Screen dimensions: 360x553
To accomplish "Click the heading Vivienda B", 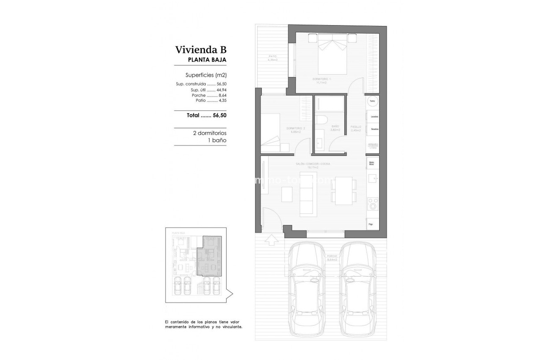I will click(x=201, y=50).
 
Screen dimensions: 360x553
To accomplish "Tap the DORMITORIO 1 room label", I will click(x=322, y=79).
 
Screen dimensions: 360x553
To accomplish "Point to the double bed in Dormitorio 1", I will click(x=332, y=57).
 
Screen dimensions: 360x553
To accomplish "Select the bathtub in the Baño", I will click(x=329, y=104).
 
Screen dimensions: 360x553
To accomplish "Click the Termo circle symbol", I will click(x=372, y=101).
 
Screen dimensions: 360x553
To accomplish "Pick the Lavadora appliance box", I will click(x=374, y=117).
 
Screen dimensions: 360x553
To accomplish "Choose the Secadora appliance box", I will click(x=374, y=129).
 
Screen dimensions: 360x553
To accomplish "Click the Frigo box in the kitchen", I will click(x=372, y=224).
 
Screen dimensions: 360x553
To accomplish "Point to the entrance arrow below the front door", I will click(x=271, y=240).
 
